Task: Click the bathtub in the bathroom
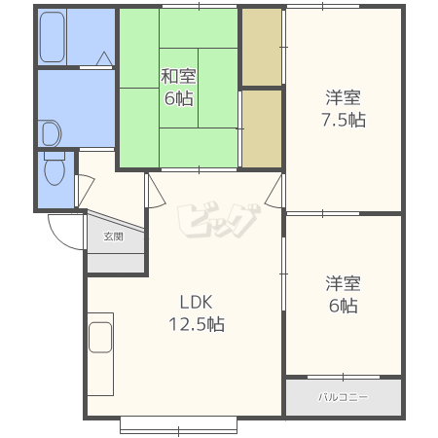tap(52, 37)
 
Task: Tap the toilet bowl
tap(55, 172)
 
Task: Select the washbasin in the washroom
tap(52, 133)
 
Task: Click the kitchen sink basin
tap(100, 338)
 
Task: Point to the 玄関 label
tap(113, 237)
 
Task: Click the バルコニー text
tap(343, 397)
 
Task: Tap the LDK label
tap(196, 302)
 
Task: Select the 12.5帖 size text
tap(197, 324)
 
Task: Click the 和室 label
tap(178, 77)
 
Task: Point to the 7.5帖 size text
tap(344, 120)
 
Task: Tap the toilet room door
tap(85, 191)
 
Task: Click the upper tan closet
tap(262, 48)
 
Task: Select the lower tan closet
tap(262, 128)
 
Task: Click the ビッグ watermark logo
tap(218, 220)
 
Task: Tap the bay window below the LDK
tap(178, 425)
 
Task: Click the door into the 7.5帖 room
tap(274, 192)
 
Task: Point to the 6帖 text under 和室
tap(179, 98)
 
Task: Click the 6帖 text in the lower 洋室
tap(344, 306)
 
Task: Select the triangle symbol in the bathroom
tap(104, 58)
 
